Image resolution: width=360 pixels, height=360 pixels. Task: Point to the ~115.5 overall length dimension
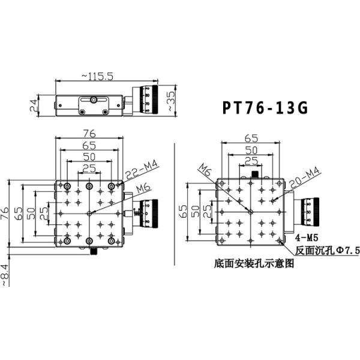pyautogui.click(x=98, y=76)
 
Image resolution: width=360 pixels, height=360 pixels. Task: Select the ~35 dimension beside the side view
pyautogui.click(x=170, y=103)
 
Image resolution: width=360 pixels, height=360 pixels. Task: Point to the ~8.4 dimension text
pyautogui.click(x=5, y=274)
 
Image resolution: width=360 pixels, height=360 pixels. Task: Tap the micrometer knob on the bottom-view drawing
pyautogui.click(x=311, y=210)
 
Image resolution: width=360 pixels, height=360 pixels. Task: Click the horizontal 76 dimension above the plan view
pyautogui.click(x=89, y=133)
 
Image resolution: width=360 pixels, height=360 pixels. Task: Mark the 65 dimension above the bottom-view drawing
pyautogui.click(x=251, y=138)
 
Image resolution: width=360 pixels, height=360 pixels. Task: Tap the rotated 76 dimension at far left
pyautogui.click(x=5, y=214)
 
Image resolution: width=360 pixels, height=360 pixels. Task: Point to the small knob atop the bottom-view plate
pyautogui.click(x=254, y=174)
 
